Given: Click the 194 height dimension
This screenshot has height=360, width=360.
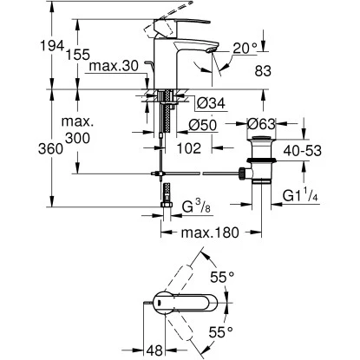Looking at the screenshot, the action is (51, 46).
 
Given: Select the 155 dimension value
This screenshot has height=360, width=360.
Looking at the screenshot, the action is (78, 55).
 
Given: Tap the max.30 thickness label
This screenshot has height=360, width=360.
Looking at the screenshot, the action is (114, 66).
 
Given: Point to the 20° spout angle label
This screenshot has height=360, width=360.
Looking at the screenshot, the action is (245, 49).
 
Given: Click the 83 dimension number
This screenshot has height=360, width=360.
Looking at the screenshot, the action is (263, 71).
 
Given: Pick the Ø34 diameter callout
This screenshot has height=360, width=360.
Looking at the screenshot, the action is (210, 103).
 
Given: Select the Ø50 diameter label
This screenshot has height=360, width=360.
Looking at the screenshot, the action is (202, 125).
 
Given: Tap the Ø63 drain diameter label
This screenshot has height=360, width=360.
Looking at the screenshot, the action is (261, 124).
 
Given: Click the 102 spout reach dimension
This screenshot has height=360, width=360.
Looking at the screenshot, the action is (189, 148).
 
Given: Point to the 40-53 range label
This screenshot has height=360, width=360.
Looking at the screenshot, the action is (303, 151).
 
